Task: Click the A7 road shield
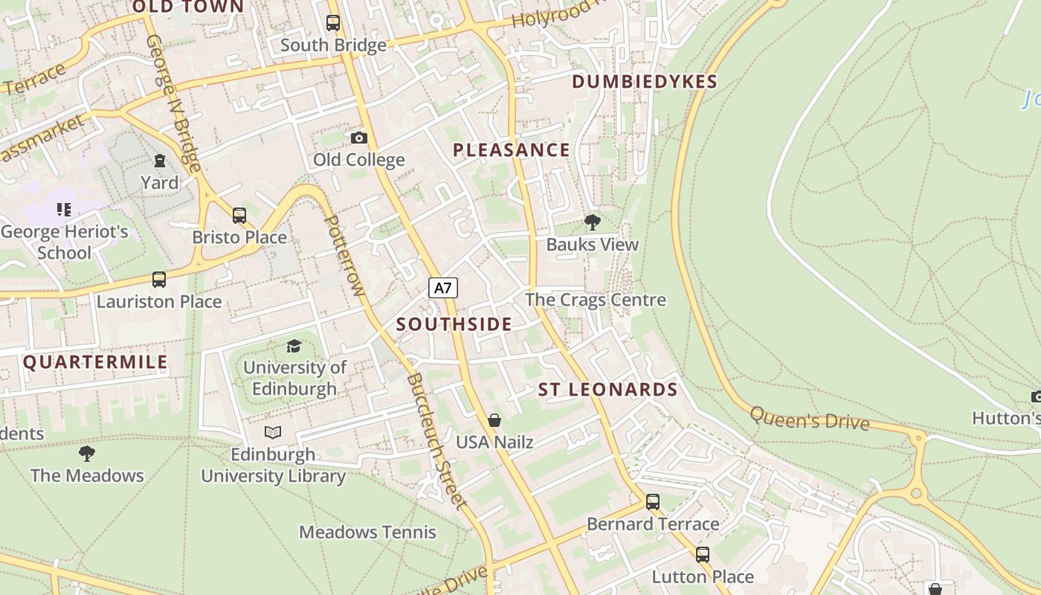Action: [442, 288]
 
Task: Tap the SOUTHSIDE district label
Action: [454, 324]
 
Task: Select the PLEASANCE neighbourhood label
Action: [512, 150]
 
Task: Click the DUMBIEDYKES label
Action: [645, 82]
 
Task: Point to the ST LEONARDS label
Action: [607, 390]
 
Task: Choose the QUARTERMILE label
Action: [95, 362]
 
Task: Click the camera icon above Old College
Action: [358, 138]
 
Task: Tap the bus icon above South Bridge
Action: [333, 23]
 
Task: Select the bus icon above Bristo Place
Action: [239, 216]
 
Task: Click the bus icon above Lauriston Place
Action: [159, 280]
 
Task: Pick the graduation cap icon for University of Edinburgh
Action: [294, 346]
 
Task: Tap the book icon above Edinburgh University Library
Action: [273, 432]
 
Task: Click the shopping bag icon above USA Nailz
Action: [494, 420]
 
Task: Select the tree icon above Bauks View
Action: [593, 222]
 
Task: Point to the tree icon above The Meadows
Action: [87, 453]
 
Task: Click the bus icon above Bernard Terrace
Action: [653, 502]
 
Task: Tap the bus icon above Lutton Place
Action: [703, 555]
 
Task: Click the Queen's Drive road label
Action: [809, 419]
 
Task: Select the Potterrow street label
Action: [345, 255]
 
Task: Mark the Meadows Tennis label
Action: [367, 533]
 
